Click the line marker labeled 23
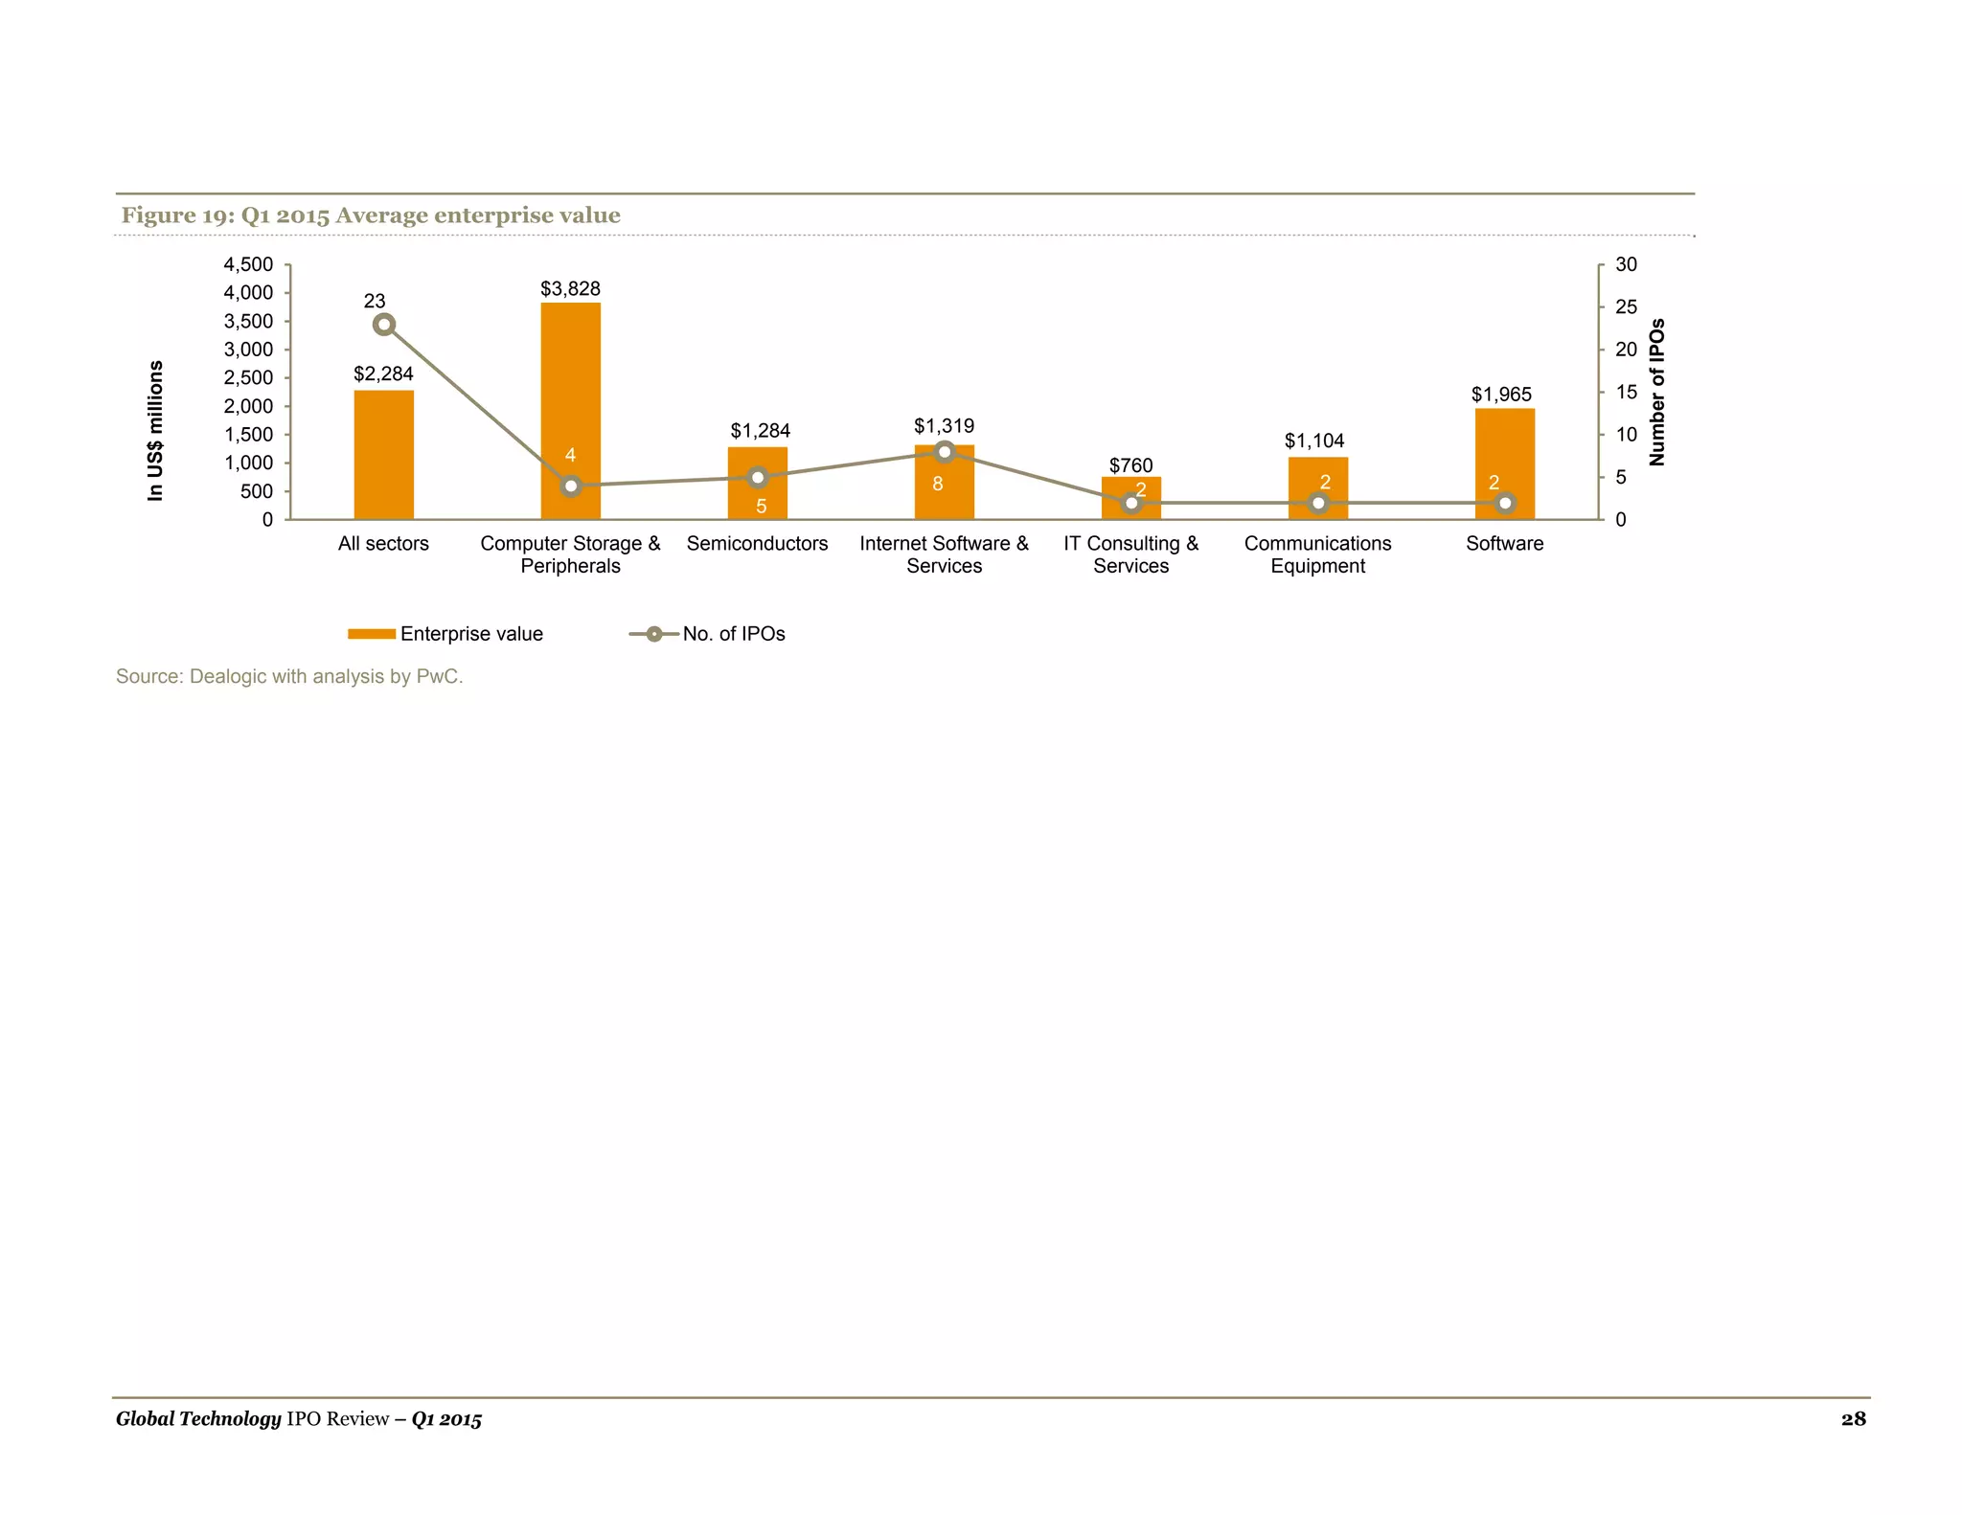pyautogui.click(x=384, y=325)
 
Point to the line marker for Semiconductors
pyautogui.click(x=758, y=477)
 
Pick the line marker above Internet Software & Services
pyautogui.click(x=945, y=451)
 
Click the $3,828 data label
pyautogui.click(x=570, y=288)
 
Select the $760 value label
pyautogui.click(x=1130, y=465)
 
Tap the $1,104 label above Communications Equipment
pyautogui.click(x=1314, y=441)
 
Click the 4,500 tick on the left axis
pyautogui.click(x=248, y=264)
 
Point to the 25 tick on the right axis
pyautogui.click(x=1626, y=306)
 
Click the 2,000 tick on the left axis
pyautogui.click(x=248, y=406)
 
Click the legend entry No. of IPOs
pyautogui.click(x=733, y=634)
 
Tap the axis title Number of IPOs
pyautogui.click(x=1657, y=392)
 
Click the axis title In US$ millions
pyautogui.click(x=155, y=430)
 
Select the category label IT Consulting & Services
pyautogui.click(x=1130, y=554)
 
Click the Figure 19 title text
pyautogui.click(x=371, y=215)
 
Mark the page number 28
pyautogui.click(x=1853, y=1419)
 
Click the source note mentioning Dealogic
pyautogui.click(x=289, y=676)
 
